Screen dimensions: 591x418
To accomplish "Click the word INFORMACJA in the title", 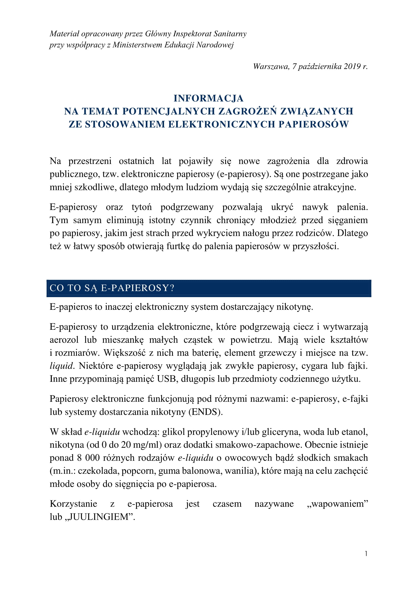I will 208,98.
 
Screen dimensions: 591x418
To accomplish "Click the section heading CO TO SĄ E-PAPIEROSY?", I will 112,288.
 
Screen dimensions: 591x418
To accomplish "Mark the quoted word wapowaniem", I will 337,504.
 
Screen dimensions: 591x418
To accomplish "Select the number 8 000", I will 88,458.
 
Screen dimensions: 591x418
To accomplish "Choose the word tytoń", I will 142,207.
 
